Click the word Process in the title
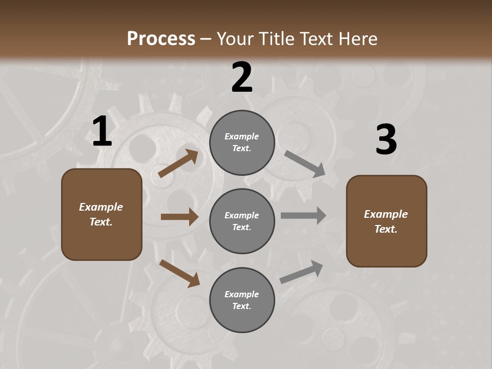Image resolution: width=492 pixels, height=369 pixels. (x=161, y=39)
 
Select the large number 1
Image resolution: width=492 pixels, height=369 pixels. (x=102, y=132)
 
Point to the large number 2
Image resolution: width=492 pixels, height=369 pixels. (x=242, y=77)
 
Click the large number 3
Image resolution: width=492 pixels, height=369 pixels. (x=386, y=140)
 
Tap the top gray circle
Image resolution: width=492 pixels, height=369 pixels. (x=242, y=123)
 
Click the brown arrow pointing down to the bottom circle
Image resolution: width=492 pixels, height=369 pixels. (x=180, y=273)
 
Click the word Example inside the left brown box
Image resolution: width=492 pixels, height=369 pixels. (x=101, y=207)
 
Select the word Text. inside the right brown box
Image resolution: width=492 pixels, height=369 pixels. (x=386, y=229)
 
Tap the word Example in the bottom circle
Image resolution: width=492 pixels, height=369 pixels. (x=242, y=294)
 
